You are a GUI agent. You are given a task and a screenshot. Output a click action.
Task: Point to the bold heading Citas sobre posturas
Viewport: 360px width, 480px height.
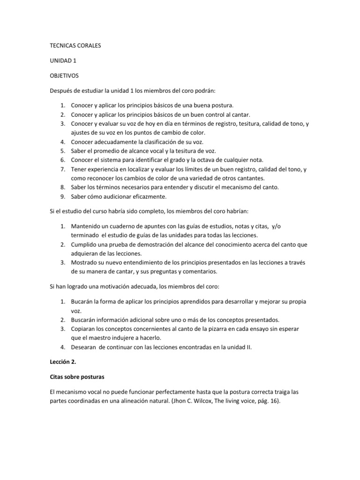point(80,377)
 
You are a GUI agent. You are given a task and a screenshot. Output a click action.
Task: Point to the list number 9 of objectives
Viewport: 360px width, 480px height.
point(62,196)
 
